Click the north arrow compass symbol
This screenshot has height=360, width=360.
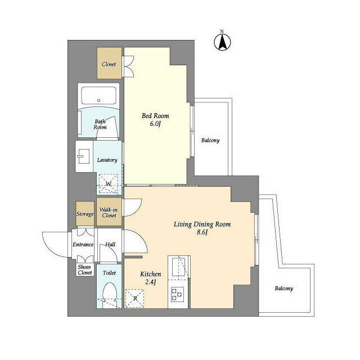point(222,42)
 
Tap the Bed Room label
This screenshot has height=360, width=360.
point(155,116)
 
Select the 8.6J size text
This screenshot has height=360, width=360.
point(202,232)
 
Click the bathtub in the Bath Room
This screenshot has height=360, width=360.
point(98,96)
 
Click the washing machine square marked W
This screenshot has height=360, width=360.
point(108,184)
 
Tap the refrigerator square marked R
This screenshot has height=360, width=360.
point(135,298)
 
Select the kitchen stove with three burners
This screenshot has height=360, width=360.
point(178,294)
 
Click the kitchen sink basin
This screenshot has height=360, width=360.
point(179,267)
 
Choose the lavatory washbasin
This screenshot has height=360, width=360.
point(84,156)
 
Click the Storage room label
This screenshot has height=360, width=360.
point(85,214)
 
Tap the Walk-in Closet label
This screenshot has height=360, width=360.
point(109,213)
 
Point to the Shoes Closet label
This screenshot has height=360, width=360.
point(85,270)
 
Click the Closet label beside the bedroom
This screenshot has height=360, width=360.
point(109,64)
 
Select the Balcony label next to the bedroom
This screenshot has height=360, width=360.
point(210,140)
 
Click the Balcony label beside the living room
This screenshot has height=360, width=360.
point(283,289)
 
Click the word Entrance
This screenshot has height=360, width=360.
point(83,245)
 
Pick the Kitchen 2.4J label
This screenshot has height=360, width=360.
point(150,278)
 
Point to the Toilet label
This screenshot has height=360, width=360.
point(109,273)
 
